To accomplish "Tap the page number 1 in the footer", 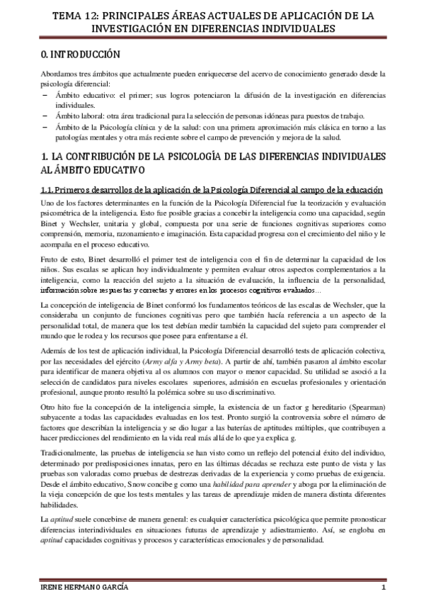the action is click(382, 590).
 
